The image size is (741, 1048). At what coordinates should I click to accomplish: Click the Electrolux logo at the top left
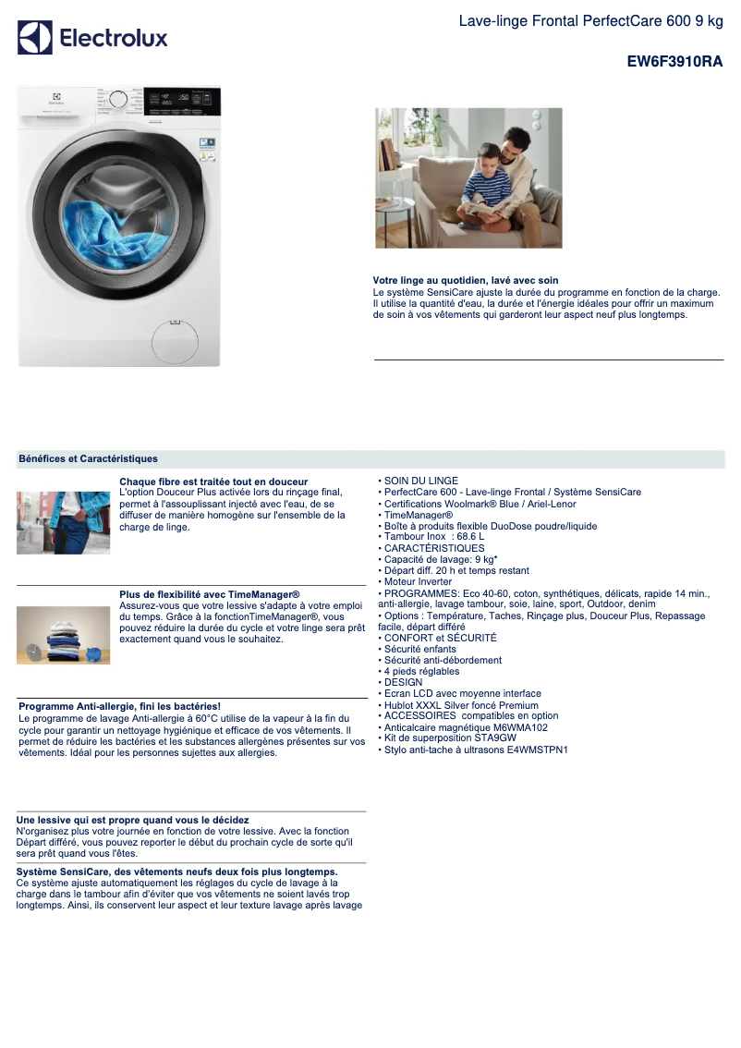tap(92, 38)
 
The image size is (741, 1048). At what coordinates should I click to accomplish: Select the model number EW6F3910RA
tap(674, 62)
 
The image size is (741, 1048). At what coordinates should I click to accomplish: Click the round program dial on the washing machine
tap(117, 99)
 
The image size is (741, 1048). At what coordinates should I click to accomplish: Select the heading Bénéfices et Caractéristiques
tap(88, 458)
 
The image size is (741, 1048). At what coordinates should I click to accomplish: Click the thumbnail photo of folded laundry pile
tap(63, 635)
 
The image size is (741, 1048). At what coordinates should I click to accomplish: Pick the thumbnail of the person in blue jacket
tap(63, 522)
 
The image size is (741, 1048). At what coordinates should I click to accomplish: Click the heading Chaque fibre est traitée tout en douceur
tap(213, 481)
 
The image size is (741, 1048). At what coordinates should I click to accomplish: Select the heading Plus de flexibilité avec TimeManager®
tap(210, 593)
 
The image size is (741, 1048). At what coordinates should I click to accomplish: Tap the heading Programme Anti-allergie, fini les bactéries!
tap(119, 706)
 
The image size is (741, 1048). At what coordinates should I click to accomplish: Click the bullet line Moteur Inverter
tap(418, 582)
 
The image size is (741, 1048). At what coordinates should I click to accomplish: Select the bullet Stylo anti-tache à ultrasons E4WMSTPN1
tap(475, 749)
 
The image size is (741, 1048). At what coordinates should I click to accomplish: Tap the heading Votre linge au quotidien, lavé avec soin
tap(466, 280)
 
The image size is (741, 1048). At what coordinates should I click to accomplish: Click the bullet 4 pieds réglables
tap(421, 671)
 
